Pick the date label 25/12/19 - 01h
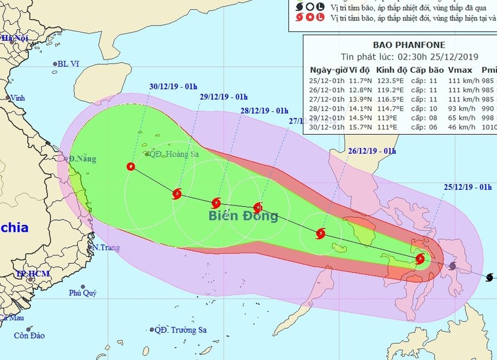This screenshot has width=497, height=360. (x=468, y=188)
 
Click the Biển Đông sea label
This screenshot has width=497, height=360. (x=243, y=216)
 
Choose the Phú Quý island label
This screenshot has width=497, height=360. (x=83, y=293)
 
